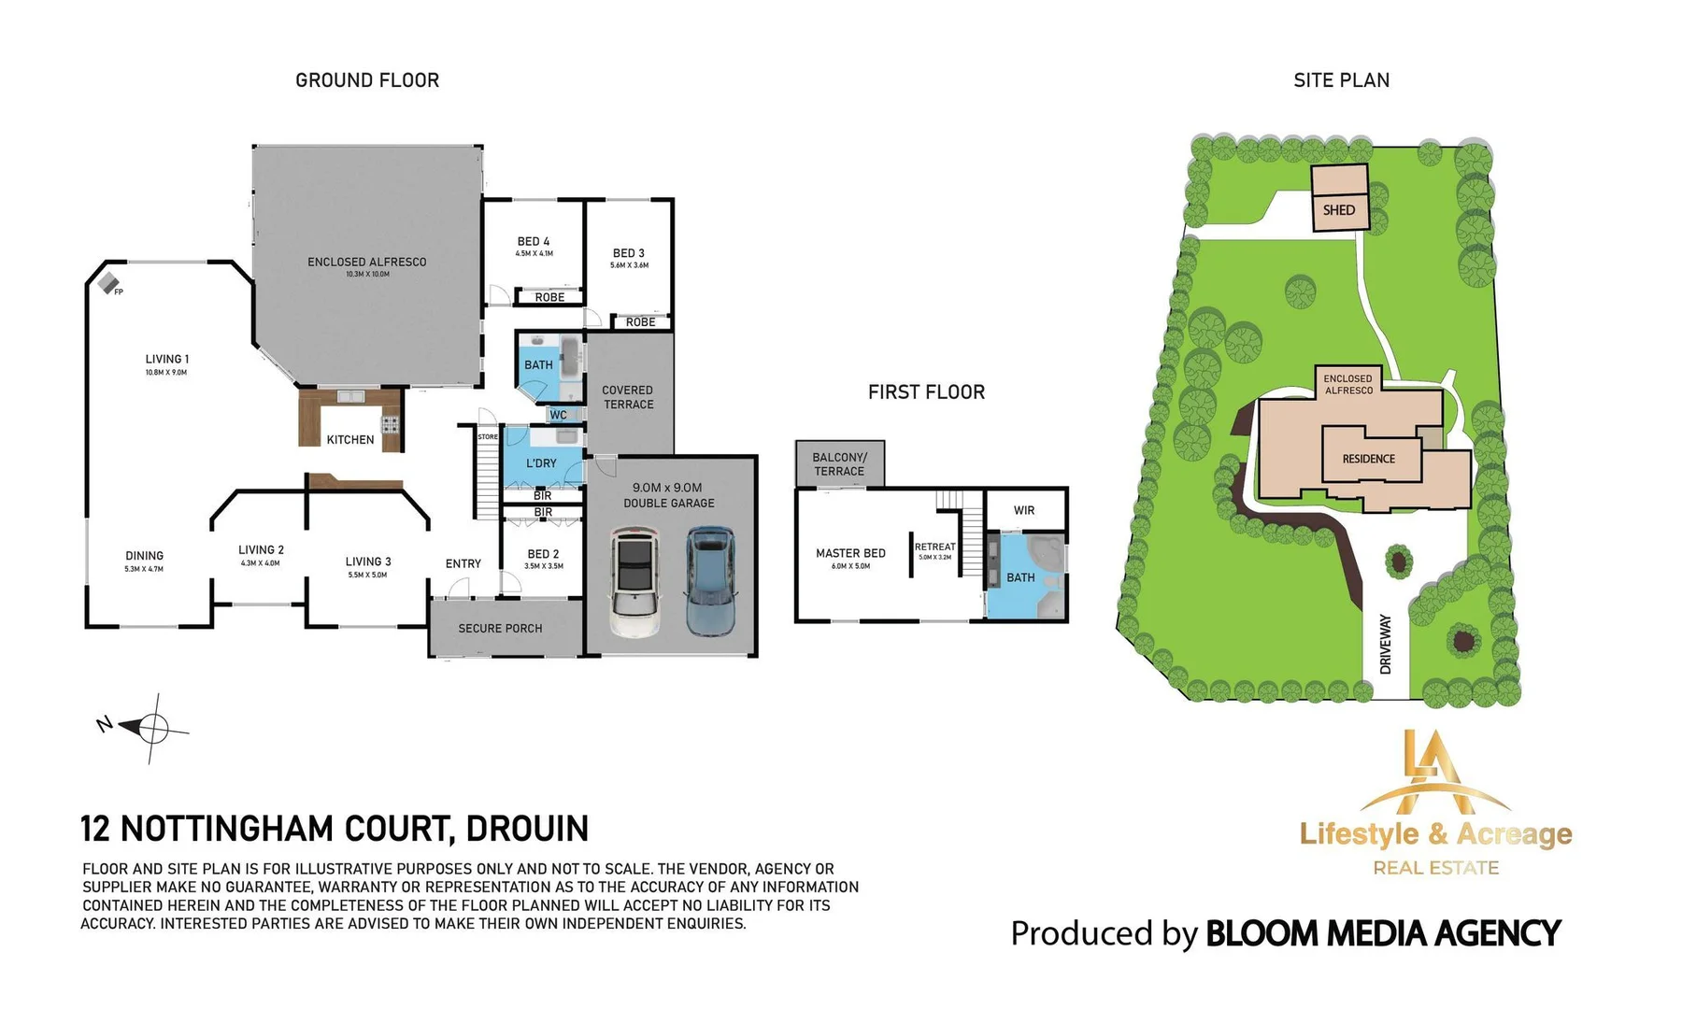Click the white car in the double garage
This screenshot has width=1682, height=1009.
click(634, 581)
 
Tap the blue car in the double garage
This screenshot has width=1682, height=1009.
click(710, 580)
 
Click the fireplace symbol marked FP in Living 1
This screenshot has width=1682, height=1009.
click(109, 282)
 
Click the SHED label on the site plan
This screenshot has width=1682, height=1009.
click(1338, 210)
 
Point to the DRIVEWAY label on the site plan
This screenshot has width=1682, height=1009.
click(1386, 644)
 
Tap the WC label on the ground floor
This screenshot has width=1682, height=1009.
click(558, 415)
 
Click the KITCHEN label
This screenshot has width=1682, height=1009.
click(350, 439)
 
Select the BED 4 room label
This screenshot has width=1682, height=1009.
click(534, 242)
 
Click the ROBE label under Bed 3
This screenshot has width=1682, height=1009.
click(640, 322)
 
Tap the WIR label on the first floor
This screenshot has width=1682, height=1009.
click(1024, 510)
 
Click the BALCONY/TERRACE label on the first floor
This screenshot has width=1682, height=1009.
click(839, 464)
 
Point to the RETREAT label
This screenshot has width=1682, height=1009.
click(934, 547)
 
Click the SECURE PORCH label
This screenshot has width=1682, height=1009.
click(500, 629)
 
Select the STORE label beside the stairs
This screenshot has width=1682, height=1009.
click(488, 437)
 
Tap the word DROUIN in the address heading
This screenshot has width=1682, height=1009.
click(527, 829)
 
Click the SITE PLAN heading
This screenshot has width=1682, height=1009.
click(1341, 80)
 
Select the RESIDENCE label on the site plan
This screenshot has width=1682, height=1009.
click(1368, 459)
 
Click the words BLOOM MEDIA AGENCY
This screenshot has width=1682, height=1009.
click(1382, 933)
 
